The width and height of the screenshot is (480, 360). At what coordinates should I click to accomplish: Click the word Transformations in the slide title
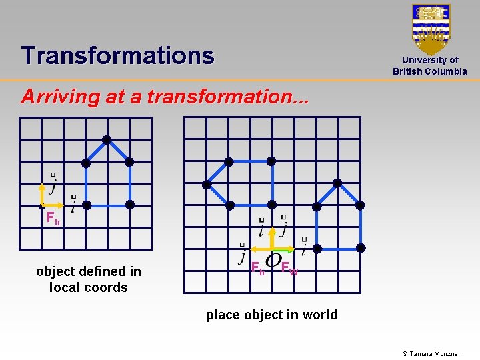(x=117, y=55)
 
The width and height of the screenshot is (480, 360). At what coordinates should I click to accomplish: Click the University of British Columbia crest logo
(x=431, y=29)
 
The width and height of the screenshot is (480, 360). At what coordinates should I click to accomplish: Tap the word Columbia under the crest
(x=446, y=71)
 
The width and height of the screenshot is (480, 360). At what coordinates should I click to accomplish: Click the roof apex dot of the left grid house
(x=107, y=140)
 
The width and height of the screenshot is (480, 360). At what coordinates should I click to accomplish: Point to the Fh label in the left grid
(x=53, y=217)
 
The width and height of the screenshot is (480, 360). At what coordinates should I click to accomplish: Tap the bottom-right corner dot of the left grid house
(x=130, y=204)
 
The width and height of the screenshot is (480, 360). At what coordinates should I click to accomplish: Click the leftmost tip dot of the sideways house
(x=207, y=183)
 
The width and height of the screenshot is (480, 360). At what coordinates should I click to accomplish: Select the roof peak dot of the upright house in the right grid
(x=337, y=183)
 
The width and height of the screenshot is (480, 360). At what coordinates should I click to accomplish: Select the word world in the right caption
(x=321, y=315)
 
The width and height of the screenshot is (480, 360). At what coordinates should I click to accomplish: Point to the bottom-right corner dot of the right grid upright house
(x=361, y=248)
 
